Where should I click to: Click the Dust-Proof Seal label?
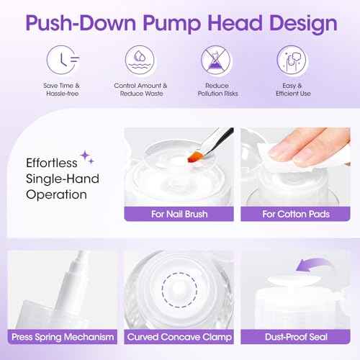coord(296,337)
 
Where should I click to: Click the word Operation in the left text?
coord(58,194)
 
